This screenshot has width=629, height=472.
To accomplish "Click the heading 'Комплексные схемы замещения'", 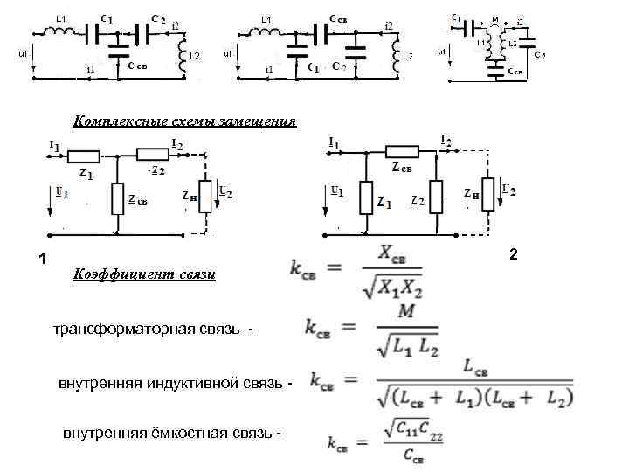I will (x=183, y=121).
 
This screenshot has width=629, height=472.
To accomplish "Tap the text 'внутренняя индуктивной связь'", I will (x=169, y=384).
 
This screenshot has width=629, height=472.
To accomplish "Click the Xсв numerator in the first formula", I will (x=398, y=253).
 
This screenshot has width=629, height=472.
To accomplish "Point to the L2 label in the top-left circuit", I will (x=194, y=56).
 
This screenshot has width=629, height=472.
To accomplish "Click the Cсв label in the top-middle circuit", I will (x=341, y=17).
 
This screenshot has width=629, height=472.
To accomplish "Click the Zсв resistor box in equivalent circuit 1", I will (x=117, y=199).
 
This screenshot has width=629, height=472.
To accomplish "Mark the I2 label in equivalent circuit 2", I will (x=446, y=140).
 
